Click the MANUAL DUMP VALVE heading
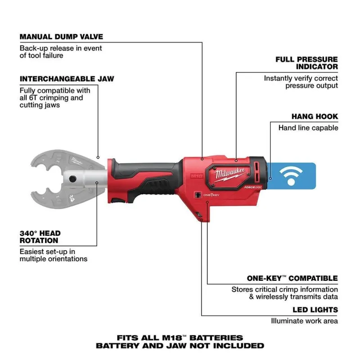[x=61, y=37]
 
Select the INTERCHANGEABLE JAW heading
[x=67, y=79]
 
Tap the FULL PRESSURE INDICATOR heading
[x=306, y=63]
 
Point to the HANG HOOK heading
[x=315, y=117]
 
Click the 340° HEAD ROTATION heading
[x=40, y=237]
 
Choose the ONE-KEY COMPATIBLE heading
[x=292, y=278]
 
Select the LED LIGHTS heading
[x=315, y=310]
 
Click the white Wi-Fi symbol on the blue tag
[x=291, y=175]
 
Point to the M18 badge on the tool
[x=197, y=176]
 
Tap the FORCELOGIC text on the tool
[x=253, y=187]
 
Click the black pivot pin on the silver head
[x=72, y=179]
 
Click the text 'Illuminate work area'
[x=305, y=321]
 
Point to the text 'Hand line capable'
[x=308, y=128]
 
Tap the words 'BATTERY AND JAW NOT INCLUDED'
[x=180, y=346]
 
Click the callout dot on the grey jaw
[x=98, y=157]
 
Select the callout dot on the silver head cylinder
[x=97, y=183]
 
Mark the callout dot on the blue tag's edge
[x=270, y=178]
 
